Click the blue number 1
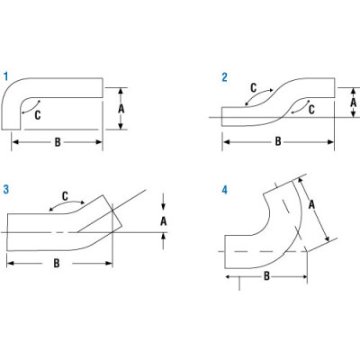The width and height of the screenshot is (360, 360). coord(5,76)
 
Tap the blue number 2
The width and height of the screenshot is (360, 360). coord(224,77)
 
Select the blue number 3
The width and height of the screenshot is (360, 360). coord(6,189)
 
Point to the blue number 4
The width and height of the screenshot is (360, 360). coord(225,190)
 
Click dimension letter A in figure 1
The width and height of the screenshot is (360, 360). coord(121,109)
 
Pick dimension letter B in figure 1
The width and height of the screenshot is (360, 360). coord(58,142)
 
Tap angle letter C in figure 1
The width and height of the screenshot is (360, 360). coord(38,115)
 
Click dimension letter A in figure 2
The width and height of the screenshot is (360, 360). coord(354,103)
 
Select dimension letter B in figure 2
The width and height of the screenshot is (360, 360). coord(278,141)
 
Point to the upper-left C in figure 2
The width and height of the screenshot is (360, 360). coord(254,88)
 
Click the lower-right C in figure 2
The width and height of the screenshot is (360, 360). coord(311,110)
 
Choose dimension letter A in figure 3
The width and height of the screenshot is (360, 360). coord(163,221)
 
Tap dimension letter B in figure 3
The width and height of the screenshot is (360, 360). coord(57,264)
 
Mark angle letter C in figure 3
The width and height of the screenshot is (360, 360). coord(65,196)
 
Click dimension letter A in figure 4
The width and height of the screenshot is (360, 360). coord(311,205)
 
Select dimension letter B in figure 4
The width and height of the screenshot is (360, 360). coord(266,276)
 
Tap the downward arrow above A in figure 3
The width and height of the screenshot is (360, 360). coord(163,202)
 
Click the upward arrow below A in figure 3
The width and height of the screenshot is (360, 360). coord(163,241)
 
